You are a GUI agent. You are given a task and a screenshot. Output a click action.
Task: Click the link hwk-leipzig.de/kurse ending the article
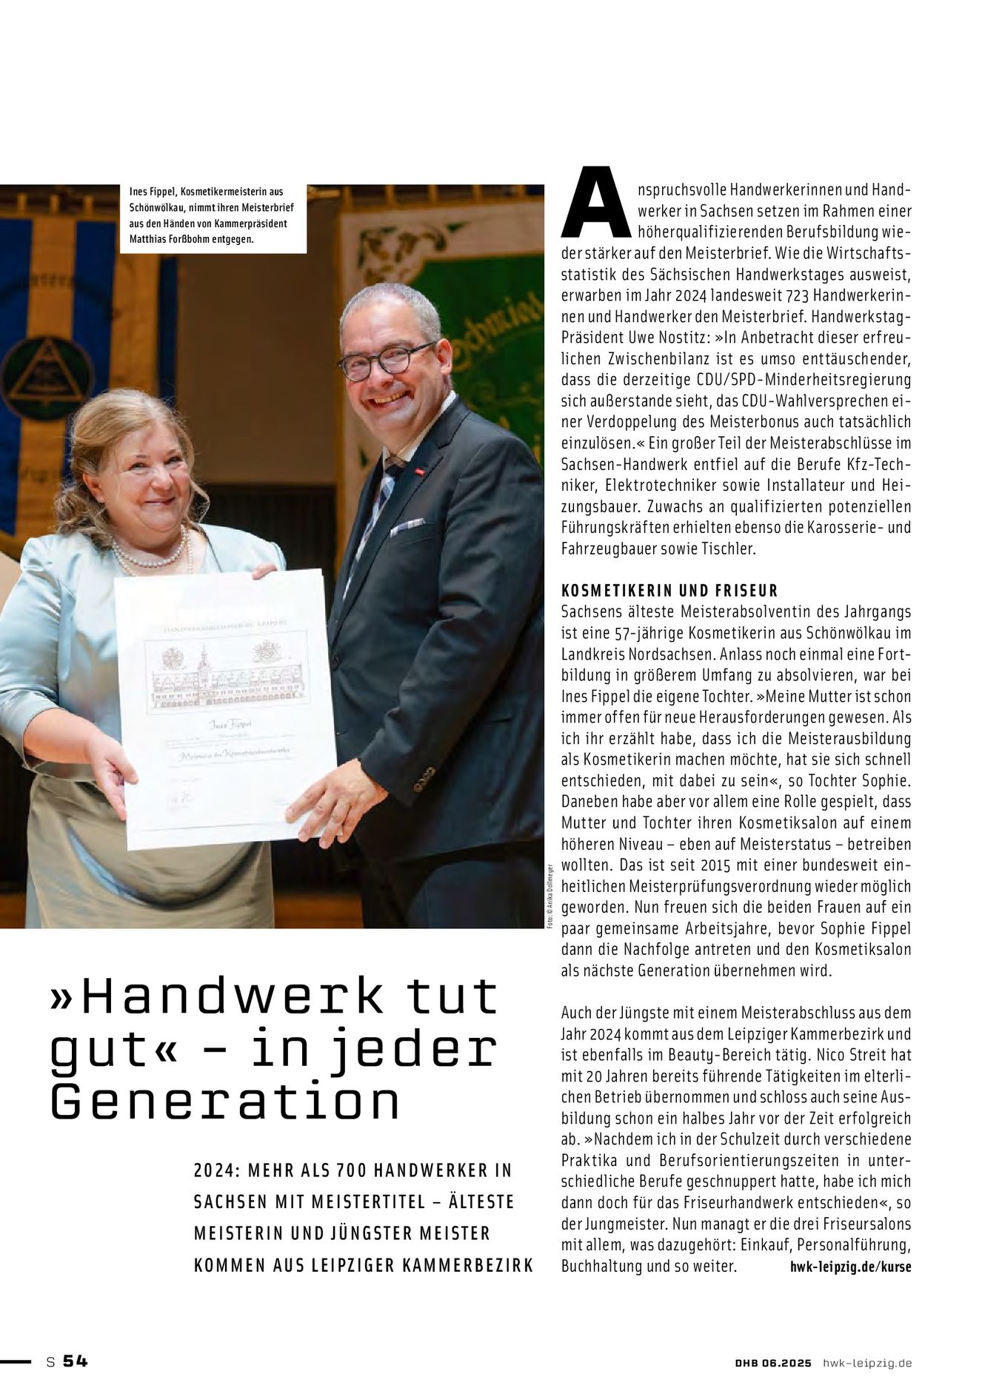click(x=851, y=1266)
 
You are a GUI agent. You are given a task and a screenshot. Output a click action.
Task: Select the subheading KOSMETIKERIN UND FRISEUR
click(x=669, y=591)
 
